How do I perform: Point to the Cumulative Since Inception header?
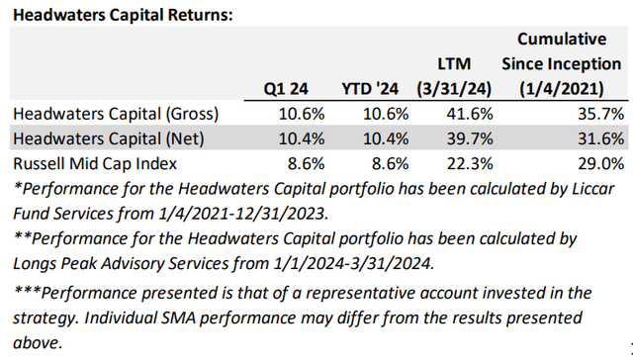559,62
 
